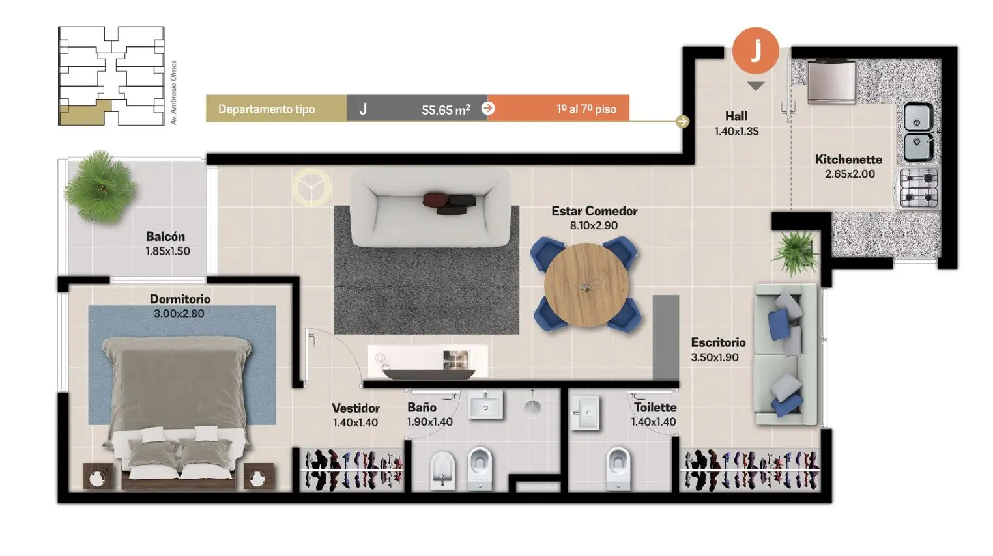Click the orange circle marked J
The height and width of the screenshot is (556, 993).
tap(755, 51)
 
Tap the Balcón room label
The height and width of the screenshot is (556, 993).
tap(165, 236)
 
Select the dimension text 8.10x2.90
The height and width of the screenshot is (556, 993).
tap(594, 225)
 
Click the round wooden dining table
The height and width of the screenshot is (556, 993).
tap(586, 285)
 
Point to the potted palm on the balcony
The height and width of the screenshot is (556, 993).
tap(100, 187)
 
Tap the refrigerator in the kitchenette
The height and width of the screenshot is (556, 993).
tap(831, 81)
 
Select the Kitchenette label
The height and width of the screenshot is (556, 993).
tap(848, 160)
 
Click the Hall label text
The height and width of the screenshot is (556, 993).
tap(736, 117)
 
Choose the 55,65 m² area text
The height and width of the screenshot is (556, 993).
tap(446, 109)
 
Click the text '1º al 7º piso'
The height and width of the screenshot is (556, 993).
tap(586, 109)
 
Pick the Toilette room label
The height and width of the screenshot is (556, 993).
tap(655, 407)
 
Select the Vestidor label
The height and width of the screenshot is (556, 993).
tap(356, 408)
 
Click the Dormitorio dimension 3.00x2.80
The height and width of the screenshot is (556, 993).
tap(179, 314)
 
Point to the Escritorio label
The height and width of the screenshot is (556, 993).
tap(718, 342)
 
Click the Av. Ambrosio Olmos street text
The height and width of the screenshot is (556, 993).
tap(173, 92)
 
